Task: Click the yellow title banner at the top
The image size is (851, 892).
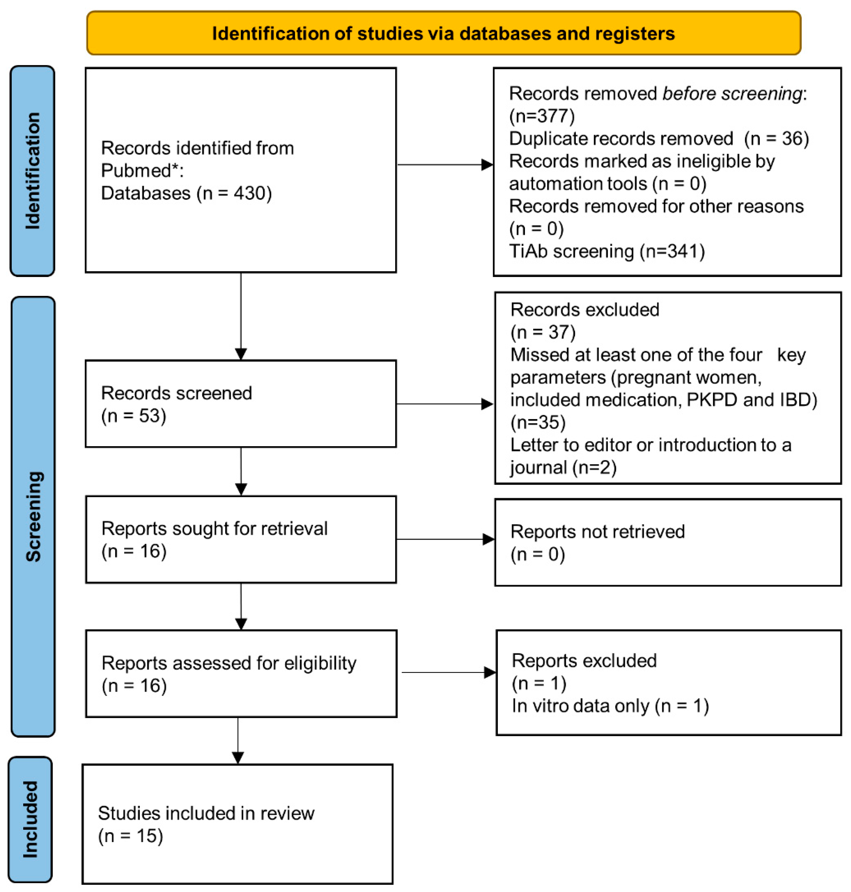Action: [x=444, y=33]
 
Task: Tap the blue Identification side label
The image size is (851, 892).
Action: [x=32, y=171]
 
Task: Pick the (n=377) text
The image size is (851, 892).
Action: [x=542, y=116]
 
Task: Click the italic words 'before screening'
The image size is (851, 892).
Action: [x=732, y=93]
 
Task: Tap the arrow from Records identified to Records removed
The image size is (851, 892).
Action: [x=445, y=165]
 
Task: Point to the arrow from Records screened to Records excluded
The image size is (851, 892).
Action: [x=445, y=404]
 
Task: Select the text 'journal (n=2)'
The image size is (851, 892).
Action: [x=563, y=467]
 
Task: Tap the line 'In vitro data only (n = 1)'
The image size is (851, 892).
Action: [x=610, y=706]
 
